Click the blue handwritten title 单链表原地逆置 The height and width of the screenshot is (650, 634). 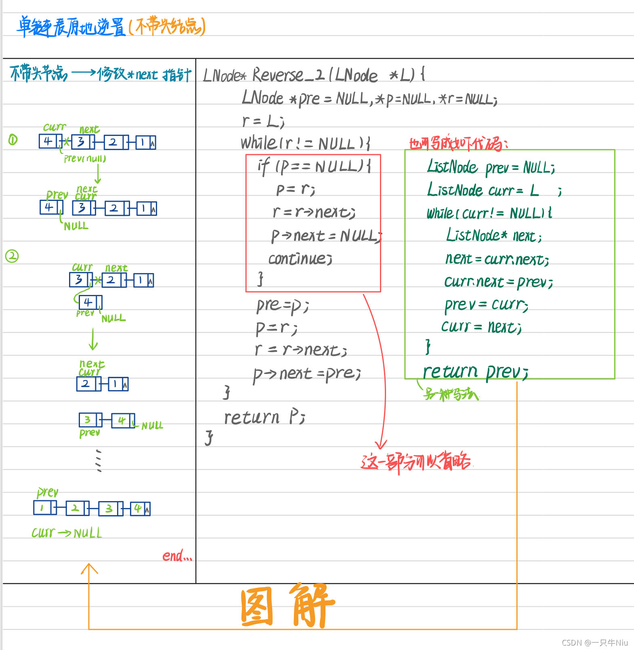tap(71, 27)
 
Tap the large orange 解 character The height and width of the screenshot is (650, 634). tap(312, 605)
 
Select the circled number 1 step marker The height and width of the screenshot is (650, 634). tap(13, 140)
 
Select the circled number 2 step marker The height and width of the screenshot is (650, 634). tap(12, 256)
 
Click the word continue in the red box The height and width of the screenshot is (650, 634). tap(300, 259)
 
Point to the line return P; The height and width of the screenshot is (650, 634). tap(265, 418)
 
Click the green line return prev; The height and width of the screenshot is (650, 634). tap(475, 372)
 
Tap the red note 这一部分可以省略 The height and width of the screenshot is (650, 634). tap(416, 462)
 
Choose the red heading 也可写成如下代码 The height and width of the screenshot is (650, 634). tap(458, 144)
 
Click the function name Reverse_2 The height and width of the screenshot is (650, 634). tap(288, 75)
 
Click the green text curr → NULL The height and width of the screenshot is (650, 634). tap(67, 533)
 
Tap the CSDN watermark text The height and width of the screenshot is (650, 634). tap(594, 643)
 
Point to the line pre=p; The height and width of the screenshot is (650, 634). tap(282, 305)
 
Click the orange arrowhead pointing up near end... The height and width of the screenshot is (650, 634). tap(89, 568)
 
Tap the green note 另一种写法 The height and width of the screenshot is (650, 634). tap(451, 394)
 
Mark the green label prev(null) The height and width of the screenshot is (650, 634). tap(85, 159)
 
